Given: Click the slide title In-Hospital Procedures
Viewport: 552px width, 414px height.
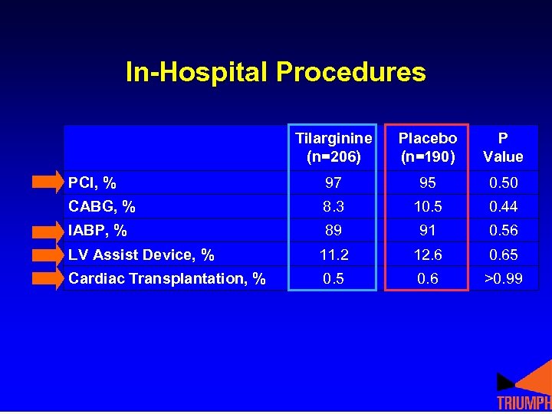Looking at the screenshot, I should click(275, 72).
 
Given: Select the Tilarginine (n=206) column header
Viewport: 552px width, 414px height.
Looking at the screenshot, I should click(333, 147).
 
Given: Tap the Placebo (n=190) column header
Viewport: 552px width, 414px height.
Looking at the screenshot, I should click(428, 147).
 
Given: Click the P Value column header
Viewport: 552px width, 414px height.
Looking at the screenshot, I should click(503, 147).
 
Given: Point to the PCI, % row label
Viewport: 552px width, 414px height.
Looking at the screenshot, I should click(93, 182).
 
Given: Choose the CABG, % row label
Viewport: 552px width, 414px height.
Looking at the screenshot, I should click(102, 206).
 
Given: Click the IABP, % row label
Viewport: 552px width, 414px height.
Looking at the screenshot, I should click(98, 230).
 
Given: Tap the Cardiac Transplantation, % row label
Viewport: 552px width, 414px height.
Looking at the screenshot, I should click(167, 278).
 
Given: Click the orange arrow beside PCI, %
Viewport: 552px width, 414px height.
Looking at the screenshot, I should click(49, 182).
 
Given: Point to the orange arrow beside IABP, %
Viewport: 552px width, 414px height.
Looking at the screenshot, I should click(49, 230).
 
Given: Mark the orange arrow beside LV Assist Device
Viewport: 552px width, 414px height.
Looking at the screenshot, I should click(49, 255).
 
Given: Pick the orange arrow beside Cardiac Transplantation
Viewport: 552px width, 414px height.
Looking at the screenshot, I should click(49, 278).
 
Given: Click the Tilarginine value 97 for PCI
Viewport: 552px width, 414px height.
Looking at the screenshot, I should click(333, 182).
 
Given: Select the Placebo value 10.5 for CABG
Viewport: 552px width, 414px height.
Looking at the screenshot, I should click(428, 206).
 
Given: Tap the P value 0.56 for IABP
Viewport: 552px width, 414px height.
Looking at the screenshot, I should click(504, 230).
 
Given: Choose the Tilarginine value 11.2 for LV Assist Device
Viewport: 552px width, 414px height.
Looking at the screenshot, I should click(333, 255).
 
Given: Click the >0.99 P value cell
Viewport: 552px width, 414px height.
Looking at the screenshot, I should click(504, 278).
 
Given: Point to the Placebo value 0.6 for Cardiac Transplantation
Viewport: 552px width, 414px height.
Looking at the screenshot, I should click(428, 278).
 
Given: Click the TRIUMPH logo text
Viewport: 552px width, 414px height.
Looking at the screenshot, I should click(524, 403).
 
